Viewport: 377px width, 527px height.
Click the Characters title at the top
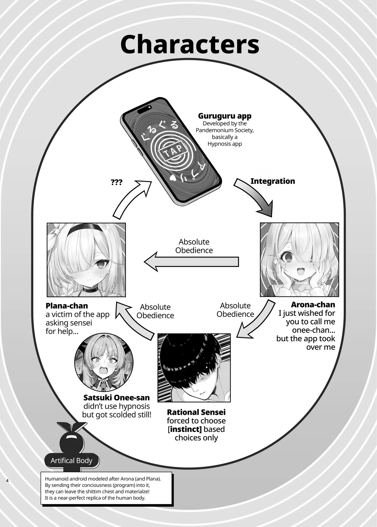tap(190, 44)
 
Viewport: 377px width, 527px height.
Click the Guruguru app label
tap(224, 116)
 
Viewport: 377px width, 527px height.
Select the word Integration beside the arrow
tap(272, 181)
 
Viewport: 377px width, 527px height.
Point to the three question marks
tap(117, 182)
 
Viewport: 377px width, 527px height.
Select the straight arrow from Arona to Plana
tap(191, 262)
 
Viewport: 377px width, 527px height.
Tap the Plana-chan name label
tap(67, 306)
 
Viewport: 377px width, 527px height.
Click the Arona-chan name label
tap(313, 305)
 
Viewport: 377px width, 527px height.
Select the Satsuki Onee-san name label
tap(116, 398)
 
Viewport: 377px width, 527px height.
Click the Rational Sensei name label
tap(196, 412)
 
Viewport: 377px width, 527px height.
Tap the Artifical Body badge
tap(72, 460)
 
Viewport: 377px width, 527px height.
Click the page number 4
tap(7, 481)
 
